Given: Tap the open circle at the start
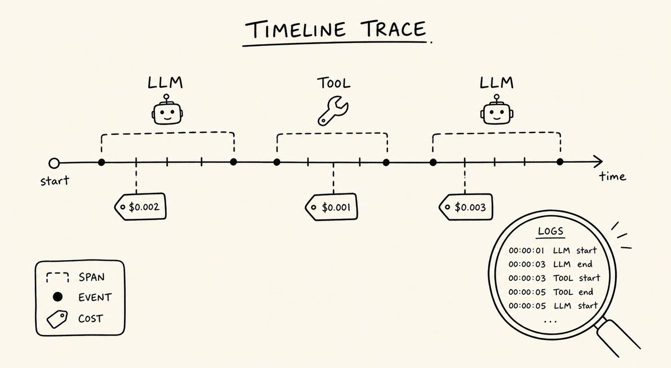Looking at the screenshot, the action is click(x=54, y=163).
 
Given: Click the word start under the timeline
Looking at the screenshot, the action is click(x=54, y=181).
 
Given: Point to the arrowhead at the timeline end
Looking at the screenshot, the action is click(x=598, y=162).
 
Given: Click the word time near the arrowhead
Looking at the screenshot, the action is click(x=612, y=176).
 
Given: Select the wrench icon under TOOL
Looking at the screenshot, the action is click(x=333, y=111).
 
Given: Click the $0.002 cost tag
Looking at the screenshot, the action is click(x=140, y=207).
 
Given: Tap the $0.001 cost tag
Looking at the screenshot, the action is click(x=331, y=207).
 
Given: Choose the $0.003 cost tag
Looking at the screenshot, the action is click(x=466, y=207).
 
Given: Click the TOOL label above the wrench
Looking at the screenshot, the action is click(x=334, y=83).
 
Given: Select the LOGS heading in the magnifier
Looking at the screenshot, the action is click(x=551, y=231).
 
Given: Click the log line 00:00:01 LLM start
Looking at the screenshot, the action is click(x=552, y=251).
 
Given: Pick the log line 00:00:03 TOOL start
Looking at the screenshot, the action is click(x=554, y=278).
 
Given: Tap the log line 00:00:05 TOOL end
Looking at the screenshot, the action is click(x=551, y=292).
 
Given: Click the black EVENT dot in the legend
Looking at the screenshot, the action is click(x=58, y=296).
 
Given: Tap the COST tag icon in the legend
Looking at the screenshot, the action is click(x=57, y=319).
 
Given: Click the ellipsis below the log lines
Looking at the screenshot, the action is click(x=550, y=320).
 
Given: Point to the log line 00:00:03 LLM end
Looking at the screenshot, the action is click(x=550, y=264).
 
